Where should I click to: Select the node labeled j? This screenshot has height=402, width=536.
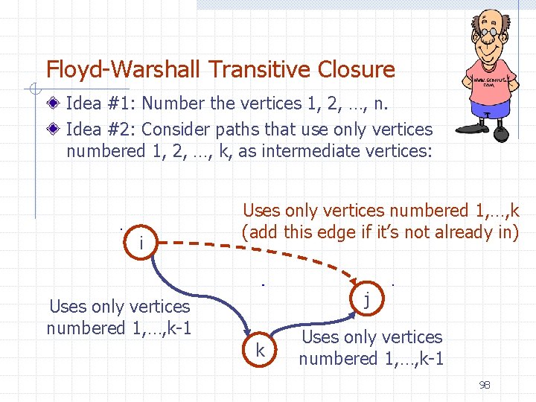tap(366, 300)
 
